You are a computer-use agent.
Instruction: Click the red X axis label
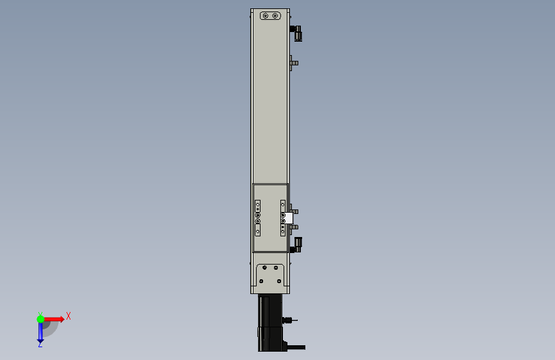tap(68, 316)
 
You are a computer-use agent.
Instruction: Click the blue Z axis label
tap(40, 344)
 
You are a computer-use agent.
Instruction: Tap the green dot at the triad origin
tap(40, 319)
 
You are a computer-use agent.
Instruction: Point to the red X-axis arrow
tap(54, 319)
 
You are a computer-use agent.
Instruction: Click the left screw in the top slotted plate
tap(266, 15)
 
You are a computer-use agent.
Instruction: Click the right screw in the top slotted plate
tap(275, 15)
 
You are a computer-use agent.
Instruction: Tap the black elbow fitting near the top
tap(296, 33)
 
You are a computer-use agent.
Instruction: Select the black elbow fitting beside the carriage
tap(296, 245)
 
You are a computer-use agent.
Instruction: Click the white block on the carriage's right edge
tap(289, 218)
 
